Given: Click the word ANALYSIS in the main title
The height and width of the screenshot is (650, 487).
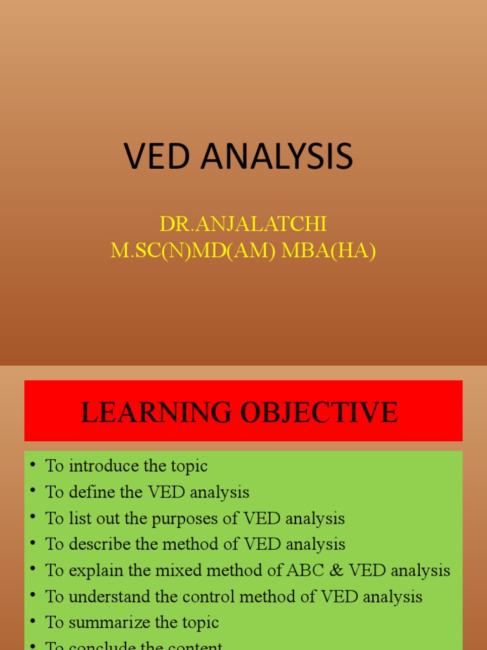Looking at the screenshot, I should (x=277, y=156).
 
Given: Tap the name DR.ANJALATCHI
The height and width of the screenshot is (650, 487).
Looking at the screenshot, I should (x=243, y=224).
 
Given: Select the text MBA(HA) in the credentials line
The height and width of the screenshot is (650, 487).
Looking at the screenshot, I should (x=328, y=251).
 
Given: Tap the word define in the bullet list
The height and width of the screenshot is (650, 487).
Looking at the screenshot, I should (x=85, y=492).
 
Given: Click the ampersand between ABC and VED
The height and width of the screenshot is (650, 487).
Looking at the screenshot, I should (x=330, y=570).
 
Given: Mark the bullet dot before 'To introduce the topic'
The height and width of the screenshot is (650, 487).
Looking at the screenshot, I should (x=33, y=466).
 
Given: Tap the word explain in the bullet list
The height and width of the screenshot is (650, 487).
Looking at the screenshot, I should (x=89, y=570).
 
